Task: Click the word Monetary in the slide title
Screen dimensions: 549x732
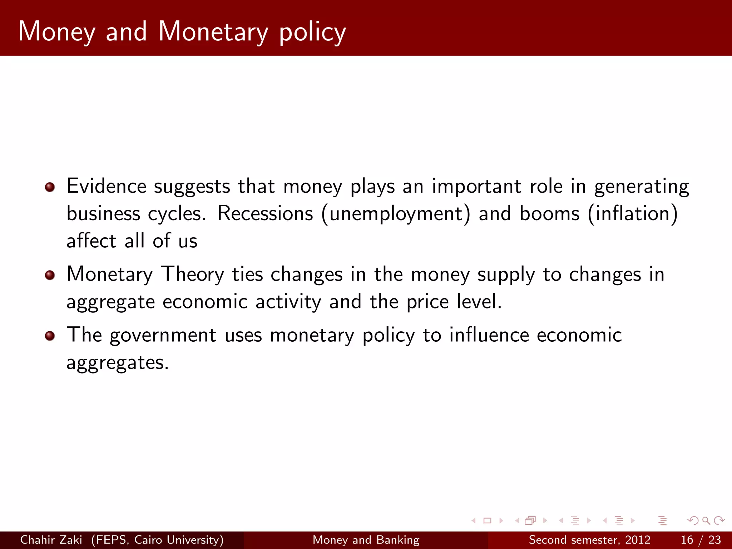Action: [213, 31]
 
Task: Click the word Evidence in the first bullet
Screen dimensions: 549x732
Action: [106, 186]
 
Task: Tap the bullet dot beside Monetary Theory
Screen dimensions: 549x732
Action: [50, 275]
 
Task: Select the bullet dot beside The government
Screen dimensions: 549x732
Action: [50, 336]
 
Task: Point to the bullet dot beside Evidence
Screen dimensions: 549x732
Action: [50, 187]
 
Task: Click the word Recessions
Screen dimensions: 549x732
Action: [265, 213]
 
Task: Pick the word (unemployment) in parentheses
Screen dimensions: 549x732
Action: [396, 214]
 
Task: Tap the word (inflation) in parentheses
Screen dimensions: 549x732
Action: [633, 214]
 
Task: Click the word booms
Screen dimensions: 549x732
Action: [549, 213]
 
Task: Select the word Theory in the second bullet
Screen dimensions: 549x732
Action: [193, 274]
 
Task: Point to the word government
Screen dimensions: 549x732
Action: [163, 336]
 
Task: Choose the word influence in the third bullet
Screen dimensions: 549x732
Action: [489, 335]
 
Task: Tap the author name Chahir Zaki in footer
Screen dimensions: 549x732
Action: [51, 540]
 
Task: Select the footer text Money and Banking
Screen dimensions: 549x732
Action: [366, 540]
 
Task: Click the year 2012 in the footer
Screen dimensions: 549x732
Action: [638, 540]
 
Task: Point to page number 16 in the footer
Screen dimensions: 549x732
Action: [687, 540]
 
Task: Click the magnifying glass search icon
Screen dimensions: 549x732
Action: [706, 520]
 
